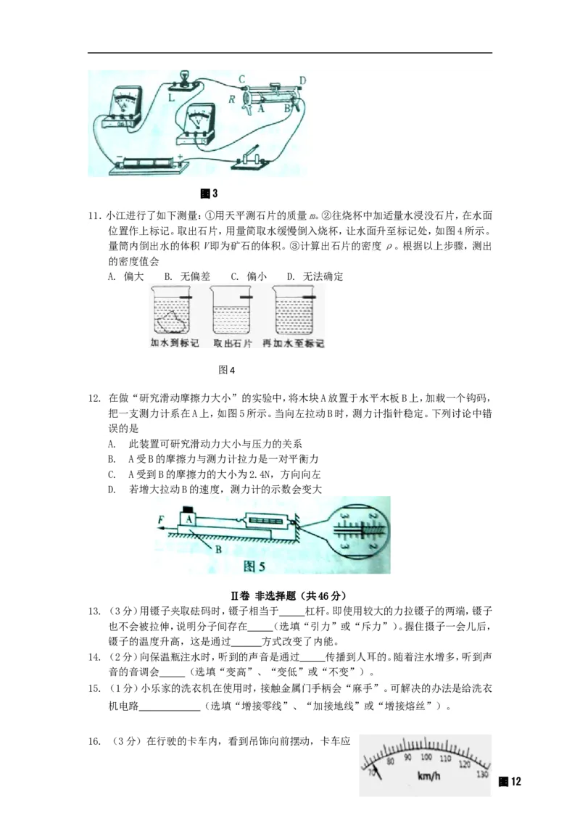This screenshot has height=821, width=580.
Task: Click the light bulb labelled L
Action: [x=184, y=78]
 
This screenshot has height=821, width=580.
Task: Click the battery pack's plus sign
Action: [x=178, y=156]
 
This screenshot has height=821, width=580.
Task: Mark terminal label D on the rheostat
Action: [x=303, y=81]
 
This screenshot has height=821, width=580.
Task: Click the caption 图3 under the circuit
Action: [x=209, y=194]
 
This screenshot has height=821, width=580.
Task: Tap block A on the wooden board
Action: [x=188, y=519]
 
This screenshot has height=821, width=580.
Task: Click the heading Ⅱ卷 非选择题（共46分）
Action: [x=289, y=595]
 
